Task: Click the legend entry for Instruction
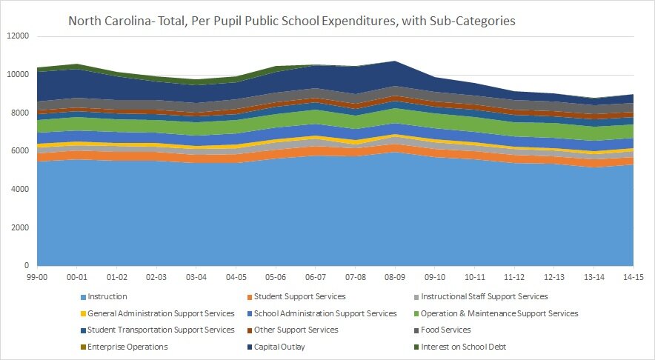pyautogui.click(x=107, y=296)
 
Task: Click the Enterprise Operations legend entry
pyautogui.click(x=127, y=347)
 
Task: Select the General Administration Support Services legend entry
pyautogui.click(x=161, y=313)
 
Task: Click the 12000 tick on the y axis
pyautogui.click(x=17, y=36)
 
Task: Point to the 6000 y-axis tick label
pyautogui.click(x=19, y=151)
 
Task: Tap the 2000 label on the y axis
pyautogui.click(x=19, y=227)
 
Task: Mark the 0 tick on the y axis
pyautogui.click(x=26, y=266)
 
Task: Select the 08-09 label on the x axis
pyautogui.click(x=394, y=276)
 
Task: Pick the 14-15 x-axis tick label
pyautogui.click(x=633, y=276)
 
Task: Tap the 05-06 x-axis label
pyautogui.click(x=275, y=276)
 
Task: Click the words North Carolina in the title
pyautogui.click(x=108, y=21)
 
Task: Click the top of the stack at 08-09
pyautogui.click(x=395, y=61)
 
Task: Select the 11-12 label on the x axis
pyautogui.click(x=513, y=276)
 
